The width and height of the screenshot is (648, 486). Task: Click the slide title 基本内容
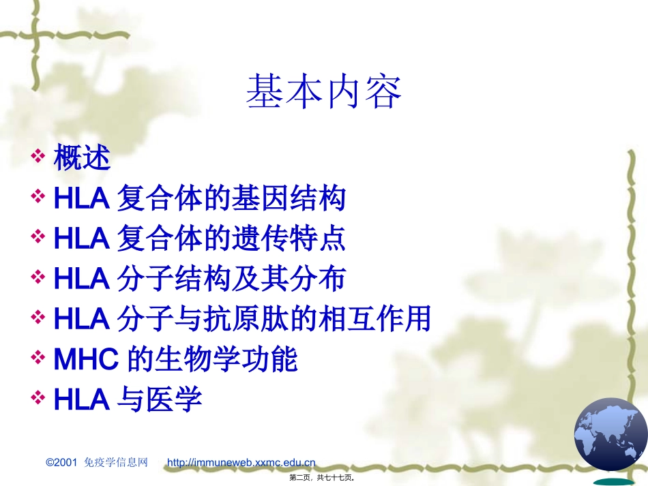(x=324, y=93)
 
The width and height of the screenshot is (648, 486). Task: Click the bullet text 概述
(x=82, y=159)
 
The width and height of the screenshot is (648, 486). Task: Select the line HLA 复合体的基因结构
(x=199, y=199)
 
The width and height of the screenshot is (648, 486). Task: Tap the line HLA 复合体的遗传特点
(x=199, y=239)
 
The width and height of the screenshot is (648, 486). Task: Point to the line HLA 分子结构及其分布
(x=199, y=278)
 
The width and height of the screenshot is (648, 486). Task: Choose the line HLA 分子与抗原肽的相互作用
(x=241, y=318)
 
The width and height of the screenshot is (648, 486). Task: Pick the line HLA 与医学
(x=128, y=399)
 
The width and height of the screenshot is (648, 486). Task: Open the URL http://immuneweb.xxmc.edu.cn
(x=241, y=463)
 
